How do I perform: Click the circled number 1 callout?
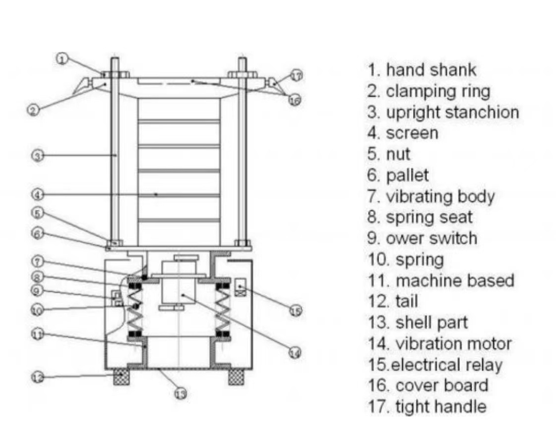pyautogui.click(x=62, y=59)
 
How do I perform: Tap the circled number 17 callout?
pyautogui.click(x=296, y=76)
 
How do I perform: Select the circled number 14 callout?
pyautogui.click(x=295, y=353)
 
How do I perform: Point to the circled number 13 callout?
pyautogui.click(x=181, y=394)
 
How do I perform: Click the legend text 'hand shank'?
pyautogui.click(x=431, y=70)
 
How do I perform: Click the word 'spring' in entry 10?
pyautogui.click(x=420, y=259)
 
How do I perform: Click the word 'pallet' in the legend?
pyautogui.click(x=407, y=175)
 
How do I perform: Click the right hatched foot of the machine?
pyautogui.click(x=236, y=377)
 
